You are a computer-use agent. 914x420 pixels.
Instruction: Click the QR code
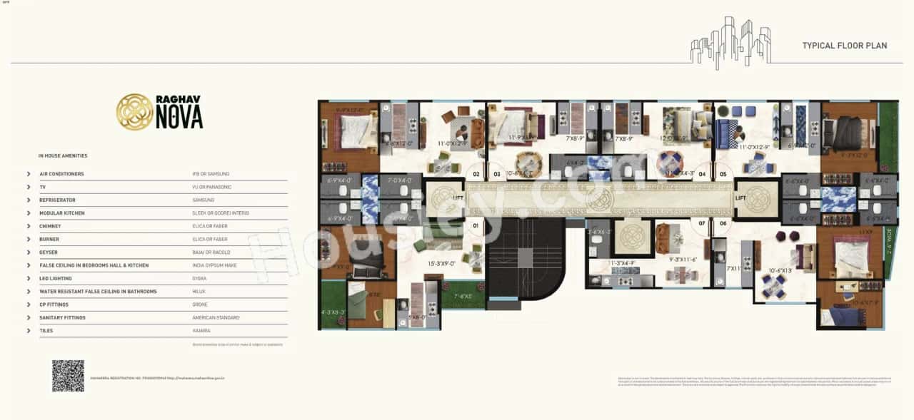[68, 376]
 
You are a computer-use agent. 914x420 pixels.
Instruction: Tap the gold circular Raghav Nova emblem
[134, 112]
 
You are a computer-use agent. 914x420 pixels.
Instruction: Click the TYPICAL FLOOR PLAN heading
[844, 46]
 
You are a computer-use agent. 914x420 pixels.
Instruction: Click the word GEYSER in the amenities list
[49, 252]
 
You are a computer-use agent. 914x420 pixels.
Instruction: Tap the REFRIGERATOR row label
[57, 200]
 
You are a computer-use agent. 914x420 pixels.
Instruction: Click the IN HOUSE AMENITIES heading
[63, 155]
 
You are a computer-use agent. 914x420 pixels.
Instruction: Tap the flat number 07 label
[702, 223]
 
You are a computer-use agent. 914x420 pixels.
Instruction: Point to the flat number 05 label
[723, 173]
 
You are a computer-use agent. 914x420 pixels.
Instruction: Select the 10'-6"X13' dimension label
[780, 271]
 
